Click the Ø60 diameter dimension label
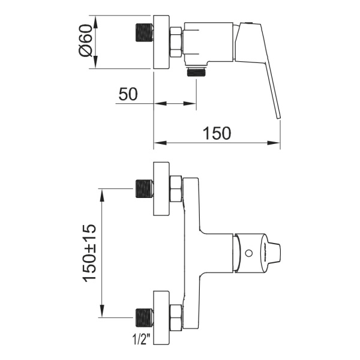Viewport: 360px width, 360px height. tap(85, 40)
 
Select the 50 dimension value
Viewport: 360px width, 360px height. tap(128, 94)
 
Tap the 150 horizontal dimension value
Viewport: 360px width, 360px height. tap(217, 133)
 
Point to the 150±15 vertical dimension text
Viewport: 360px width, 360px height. tap(89, 253)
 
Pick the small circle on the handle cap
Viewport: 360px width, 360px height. tap(249, 253)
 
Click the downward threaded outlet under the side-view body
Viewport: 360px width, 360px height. tap(197, 73)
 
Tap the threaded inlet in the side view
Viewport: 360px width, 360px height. tap(144, 33)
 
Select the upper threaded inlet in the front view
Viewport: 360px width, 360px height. tap(144, 189)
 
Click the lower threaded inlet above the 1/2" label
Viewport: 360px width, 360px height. tap(144, 317)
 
